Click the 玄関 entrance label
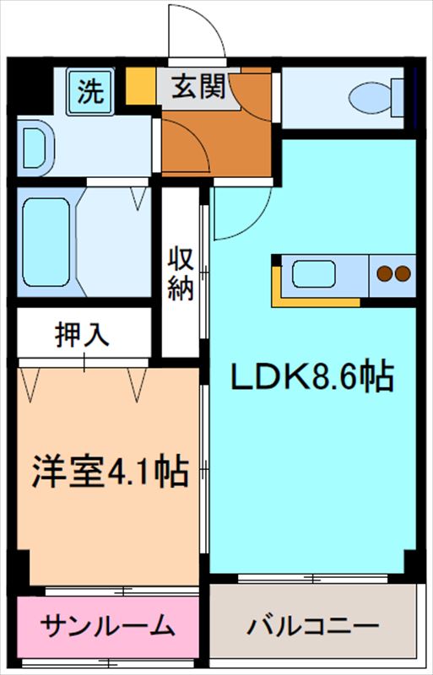click(x=198, y=88)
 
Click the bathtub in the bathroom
click(x=46, y=240)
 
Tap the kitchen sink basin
click(x=313, y=275)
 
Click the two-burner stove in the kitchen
click(x=392, y=273)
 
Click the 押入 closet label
click(x=83, y=334)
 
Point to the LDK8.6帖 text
click(x=313, y=376)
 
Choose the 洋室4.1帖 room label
click(x=110, y=472)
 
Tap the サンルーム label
click(x=108, y=627)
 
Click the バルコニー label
click(x=312, y=627)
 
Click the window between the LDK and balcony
click(x=312, y=579)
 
